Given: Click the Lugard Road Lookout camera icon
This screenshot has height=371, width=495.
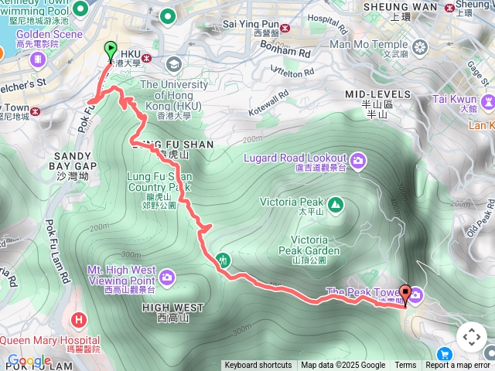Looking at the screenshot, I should pos(358,161).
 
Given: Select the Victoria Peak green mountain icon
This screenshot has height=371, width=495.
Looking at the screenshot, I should pos(335,205).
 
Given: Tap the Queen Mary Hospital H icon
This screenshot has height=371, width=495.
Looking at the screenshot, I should pos(79,320).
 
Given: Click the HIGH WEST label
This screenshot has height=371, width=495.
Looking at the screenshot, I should pos(173,308).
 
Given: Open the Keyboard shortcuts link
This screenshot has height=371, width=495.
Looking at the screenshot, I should pos(258,366).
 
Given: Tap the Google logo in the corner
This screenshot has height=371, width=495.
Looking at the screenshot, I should pos(29,361).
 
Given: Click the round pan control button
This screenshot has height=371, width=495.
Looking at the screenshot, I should pos(471,337).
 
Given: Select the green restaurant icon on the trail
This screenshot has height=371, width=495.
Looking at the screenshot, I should pos(224,260).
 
